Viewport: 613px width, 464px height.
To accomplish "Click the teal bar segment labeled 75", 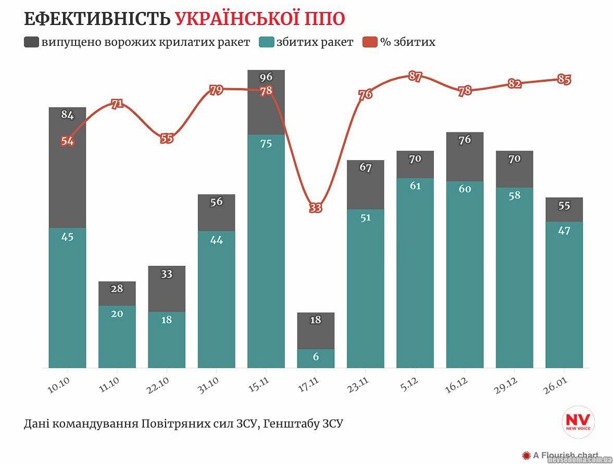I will [266, 250].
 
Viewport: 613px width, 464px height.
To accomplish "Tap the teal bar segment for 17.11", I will [316, 358].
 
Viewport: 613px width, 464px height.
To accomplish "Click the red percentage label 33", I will [316, 207].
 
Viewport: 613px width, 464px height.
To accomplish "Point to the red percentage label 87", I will [415, 76].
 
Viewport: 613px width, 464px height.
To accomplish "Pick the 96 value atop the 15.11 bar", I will [266, 77].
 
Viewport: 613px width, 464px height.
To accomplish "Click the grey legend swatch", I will [31, 42].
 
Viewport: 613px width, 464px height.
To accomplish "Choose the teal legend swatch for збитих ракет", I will [266, 42].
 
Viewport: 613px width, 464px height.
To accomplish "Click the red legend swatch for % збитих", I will [370, 42].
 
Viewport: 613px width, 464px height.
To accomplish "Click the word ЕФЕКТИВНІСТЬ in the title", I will [97, 19].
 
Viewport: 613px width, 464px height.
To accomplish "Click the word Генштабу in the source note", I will [289, 423].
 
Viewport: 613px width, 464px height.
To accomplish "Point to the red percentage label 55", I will [167, 138].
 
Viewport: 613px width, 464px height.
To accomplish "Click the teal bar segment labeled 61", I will [415, 271].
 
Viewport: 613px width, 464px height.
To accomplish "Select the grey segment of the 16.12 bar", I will [465, 156].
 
